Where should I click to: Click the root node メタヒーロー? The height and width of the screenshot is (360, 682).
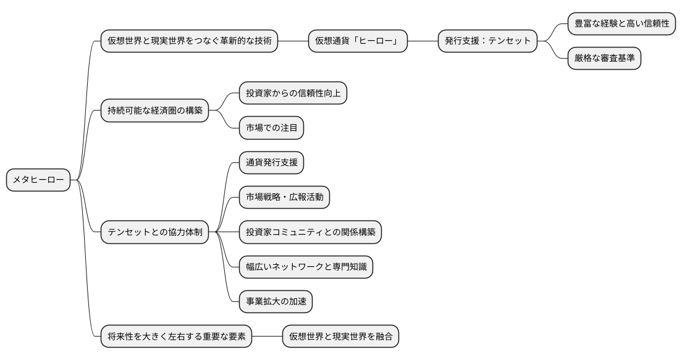[x=38, y=180]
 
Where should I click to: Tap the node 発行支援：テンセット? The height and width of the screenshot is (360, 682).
[x=487, y=41]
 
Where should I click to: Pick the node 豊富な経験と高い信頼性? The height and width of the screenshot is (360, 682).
[x=621, y=23]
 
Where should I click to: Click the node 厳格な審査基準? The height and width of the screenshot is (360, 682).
[x=604, y=59]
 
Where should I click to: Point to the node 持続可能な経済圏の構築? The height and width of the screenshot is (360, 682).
[x=154, y=111]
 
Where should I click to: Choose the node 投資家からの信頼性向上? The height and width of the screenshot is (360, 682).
[x=292, y=94]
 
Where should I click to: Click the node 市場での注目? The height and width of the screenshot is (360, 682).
[x=271, y=128]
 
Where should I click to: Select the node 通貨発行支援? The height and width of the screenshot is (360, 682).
[x=271, y=163]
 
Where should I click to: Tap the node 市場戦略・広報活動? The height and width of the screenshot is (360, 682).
[x=284, y=198]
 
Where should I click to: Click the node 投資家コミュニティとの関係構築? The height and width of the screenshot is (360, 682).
[x=310, y=233]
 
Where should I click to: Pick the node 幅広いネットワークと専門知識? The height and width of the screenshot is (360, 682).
[x=306, y=267]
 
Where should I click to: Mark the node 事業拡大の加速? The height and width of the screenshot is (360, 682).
[x=276, y=302]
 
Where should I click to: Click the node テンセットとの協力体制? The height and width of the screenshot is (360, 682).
[x=154, y=233]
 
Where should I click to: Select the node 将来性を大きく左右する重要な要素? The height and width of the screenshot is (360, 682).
[x=176, y=337]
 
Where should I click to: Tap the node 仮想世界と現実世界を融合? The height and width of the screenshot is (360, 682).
[x=340, y=337]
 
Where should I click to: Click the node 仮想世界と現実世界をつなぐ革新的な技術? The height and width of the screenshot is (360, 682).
[x=189, y=41]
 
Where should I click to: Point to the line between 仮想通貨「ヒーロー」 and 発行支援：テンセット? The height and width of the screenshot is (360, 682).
[x=423, y=41]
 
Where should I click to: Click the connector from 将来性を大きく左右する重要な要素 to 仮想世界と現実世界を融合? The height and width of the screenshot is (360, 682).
[x=267, y=337]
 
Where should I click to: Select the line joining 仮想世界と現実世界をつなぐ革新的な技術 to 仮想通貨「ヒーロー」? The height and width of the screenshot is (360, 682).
[x=293, y=41]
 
